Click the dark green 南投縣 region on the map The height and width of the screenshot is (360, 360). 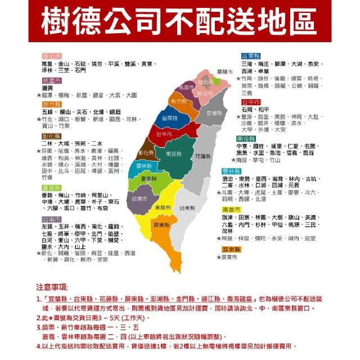pyautogui.click(x=175, y=153)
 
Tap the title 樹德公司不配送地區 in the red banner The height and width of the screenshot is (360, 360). pyautogui.click(x=180, y=21)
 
